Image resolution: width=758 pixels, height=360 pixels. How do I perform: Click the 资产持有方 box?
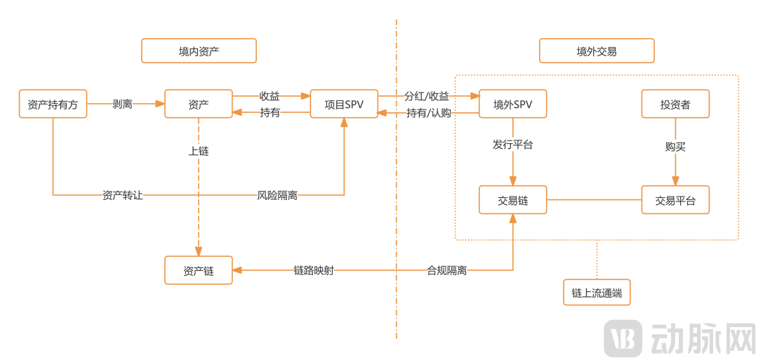pos(53,104)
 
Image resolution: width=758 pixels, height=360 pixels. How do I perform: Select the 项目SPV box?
pos(344,104)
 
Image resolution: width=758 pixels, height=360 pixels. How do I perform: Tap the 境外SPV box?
pos(512,104)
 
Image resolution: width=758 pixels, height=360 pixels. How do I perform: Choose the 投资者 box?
pos(675,104)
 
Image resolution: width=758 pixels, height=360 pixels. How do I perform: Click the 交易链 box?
pos(512,200)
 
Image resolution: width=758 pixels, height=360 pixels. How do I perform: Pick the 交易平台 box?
pos(675,200)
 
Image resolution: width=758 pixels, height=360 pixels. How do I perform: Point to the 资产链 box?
pos(198,270)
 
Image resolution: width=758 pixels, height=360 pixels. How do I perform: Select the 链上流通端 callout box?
pos(597,293)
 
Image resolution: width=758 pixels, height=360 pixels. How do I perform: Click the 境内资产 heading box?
pos(199,51)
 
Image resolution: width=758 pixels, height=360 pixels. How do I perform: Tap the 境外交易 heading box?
pos(597,51)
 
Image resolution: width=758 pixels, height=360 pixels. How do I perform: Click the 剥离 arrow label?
pos(122,104)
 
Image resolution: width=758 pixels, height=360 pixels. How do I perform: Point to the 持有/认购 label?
pos(428,113)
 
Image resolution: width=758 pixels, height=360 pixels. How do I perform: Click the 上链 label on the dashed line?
pos(199,151)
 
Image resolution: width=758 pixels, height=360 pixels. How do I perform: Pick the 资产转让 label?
pos(123,195)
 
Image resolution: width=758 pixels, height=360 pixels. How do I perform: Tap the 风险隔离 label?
pos(277,195)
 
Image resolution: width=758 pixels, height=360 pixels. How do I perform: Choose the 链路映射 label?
pos(314,270)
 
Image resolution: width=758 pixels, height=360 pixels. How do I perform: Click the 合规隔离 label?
pos(447,270)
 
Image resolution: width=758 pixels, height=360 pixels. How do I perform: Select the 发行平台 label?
pos(512,145)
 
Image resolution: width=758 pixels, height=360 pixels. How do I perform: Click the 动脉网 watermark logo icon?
pos(624,338)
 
